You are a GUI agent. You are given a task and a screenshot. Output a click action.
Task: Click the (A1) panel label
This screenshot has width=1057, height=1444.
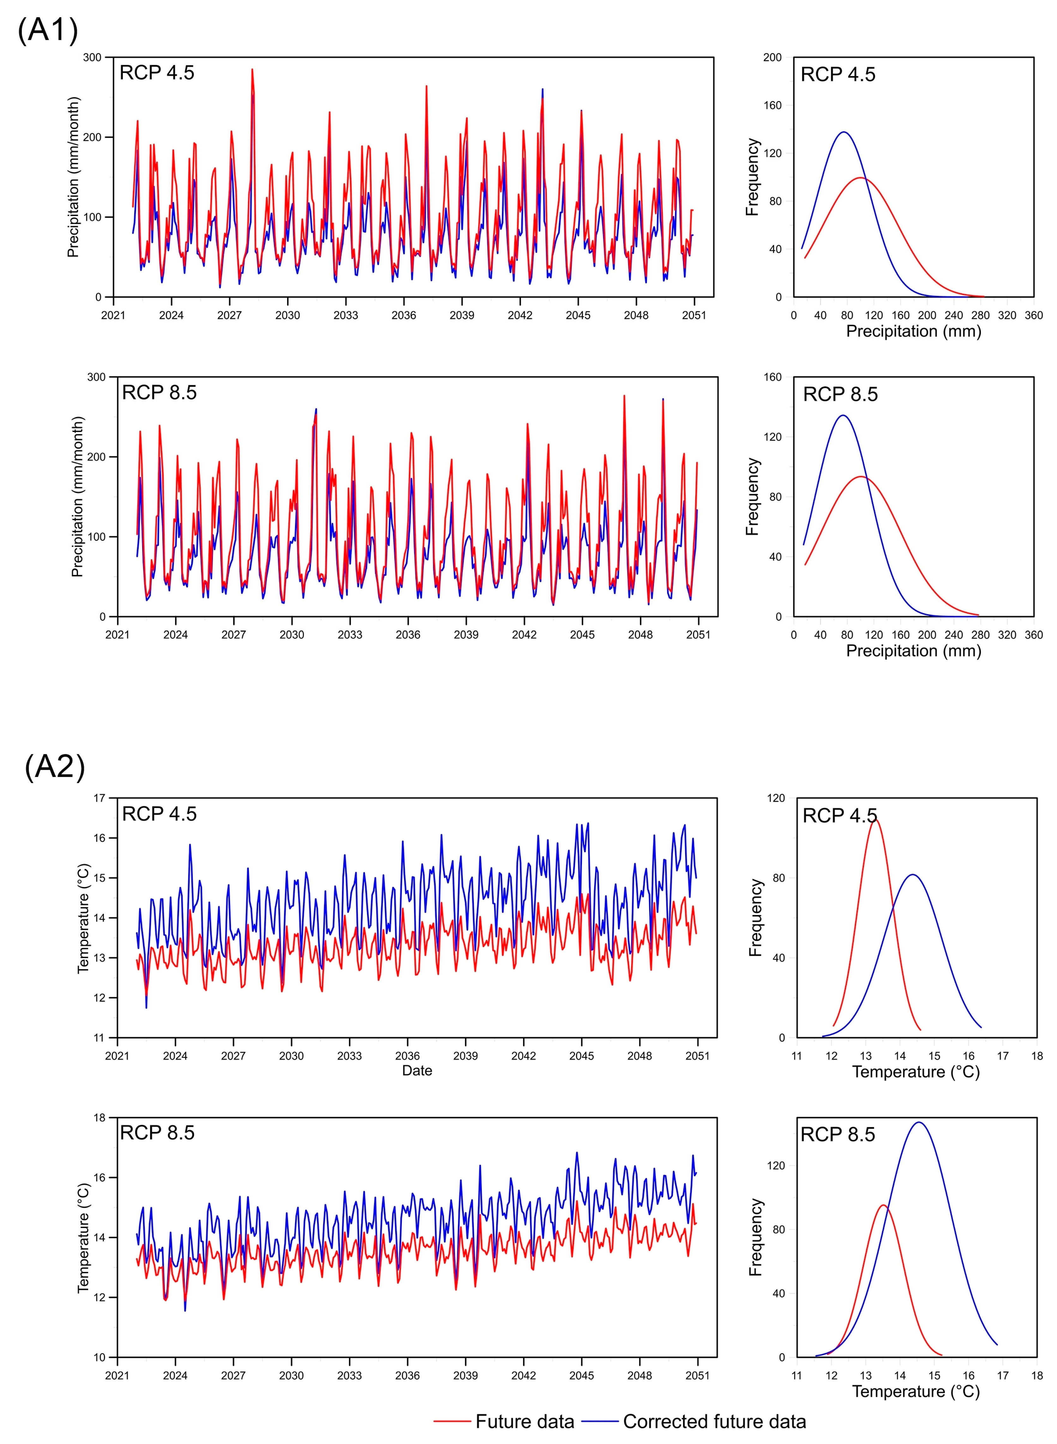coord(48,30)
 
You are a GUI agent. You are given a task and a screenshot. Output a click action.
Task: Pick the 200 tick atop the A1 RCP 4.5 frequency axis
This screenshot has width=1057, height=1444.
coord(772,57)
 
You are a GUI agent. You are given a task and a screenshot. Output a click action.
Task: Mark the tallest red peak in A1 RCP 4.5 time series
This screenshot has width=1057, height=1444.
coord(252,70)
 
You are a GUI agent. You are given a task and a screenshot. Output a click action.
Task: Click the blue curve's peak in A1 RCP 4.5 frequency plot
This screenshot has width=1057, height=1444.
coord(844,132)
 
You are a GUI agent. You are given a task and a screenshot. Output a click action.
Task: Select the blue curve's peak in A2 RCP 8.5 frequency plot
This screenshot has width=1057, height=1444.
coord(919,1122)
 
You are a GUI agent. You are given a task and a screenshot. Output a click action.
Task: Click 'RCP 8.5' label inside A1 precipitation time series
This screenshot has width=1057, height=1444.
coord(159,392)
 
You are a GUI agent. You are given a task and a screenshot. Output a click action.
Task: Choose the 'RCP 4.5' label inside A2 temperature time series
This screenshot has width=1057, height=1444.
coord(159,814)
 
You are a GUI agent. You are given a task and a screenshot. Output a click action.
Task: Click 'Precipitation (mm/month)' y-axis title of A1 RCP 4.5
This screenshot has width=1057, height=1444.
coord(74,177)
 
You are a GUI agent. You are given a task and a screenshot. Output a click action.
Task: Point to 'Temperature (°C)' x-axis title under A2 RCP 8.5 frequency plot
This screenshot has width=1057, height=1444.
coord(915,1392)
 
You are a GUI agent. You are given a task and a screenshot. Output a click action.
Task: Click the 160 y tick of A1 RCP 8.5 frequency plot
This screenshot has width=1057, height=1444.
coord(772,377)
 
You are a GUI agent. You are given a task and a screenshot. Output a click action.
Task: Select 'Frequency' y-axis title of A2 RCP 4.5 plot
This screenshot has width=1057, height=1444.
coord(756,918)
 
